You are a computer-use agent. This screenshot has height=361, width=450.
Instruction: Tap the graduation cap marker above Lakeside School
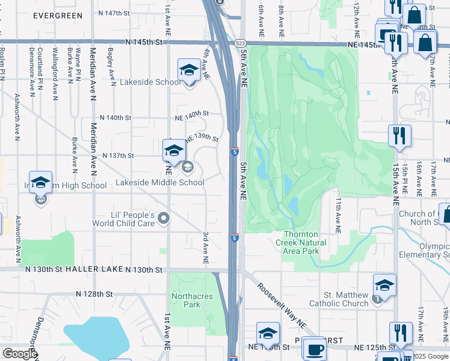click(189, 70)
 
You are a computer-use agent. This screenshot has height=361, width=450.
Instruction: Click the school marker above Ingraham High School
click(40, 182)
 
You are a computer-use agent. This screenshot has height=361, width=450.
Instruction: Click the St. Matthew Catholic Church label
click(337, 299)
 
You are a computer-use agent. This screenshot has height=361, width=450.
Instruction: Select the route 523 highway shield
click(241, 43)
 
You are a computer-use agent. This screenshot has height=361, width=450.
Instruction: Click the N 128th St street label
click(94, 294)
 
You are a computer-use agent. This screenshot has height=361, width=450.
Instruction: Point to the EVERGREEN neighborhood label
click(58, 14)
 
